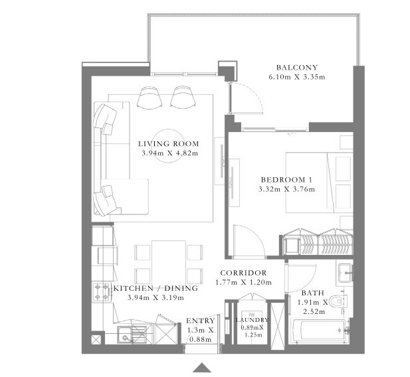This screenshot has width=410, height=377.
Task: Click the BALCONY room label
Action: (x=297, y=67)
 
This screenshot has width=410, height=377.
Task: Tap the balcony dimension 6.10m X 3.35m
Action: (x=297, y=77)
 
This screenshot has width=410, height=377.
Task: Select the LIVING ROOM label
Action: (x=168, y=143)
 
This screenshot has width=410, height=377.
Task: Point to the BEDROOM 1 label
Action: (x=286, y=179)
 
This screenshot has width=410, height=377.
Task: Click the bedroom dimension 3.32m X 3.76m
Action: (x=286, y=189)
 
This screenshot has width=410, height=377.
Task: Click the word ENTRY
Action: (x=199, y=321)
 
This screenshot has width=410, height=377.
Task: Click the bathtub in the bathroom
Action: (x=319, y=330)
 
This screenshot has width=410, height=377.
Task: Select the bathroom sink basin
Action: (x=344, y=272)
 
